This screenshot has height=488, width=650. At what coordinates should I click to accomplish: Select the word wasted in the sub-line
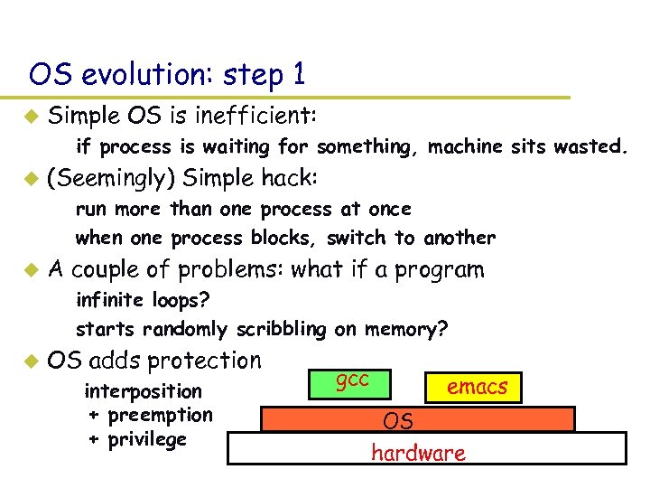[x=591, y=146]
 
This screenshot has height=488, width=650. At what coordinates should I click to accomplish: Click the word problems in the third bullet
[x=234, y=269]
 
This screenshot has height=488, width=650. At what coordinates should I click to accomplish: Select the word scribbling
[x=283, y=330]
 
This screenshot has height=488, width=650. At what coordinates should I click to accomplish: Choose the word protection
[x=204, y=361]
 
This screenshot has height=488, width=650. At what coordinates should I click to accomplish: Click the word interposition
[x=143, y=391]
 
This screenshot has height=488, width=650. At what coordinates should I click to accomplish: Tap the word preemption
[x=159, y=415]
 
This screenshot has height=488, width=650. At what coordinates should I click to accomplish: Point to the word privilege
[x=146, y=439]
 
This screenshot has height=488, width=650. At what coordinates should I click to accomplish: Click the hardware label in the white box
[x=418, y=453]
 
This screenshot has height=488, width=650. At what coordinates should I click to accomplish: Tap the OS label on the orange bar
[x=398, y=421]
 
